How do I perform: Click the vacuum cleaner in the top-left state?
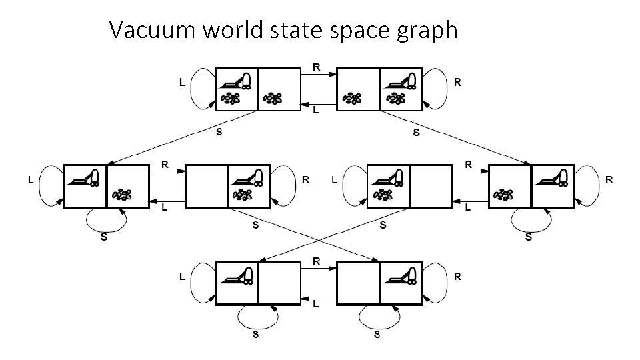point(237,81)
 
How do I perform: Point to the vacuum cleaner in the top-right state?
point(401,81)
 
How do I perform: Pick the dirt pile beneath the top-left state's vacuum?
point(231,99)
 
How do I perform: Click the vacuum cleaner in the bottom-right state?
point(401,274)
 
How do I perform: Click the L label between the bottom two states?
point(315,304)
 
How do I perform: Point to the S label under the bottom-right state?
point(377,335)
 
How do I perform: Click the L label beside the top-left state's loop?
point(182,83)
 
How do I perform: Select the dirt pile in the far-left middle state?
point(122,195)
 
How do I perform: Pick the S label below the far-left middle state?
point(104,237)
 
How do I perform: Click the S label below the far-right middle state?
point(529,237)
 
